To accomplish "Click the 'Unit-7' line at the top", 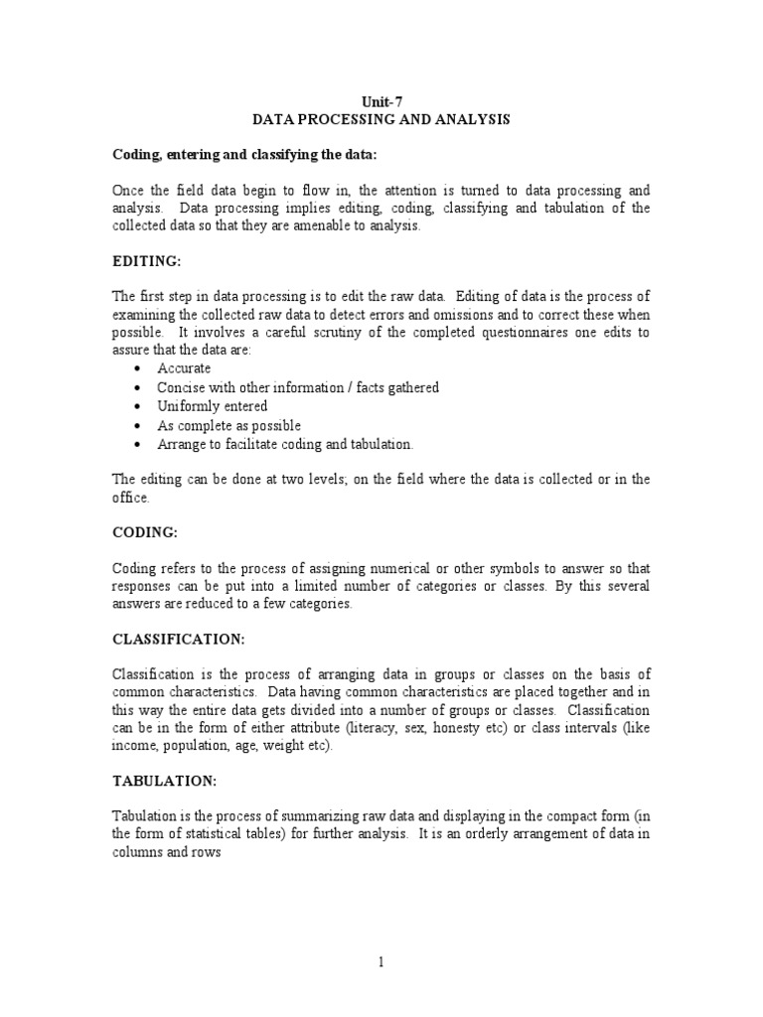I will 381,100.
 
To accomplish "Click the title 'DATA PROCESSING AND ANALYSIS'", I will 381,119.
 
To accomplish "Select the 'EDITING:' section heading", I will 145,261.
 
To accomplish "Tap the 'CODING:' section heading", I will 144,532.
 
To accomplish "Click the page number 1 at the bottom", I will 381,960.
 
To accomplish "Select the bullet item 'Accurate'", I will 184,368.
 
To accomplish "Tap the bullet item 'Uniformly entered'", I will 212,406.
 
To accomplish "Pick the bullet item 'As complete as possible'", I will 229,425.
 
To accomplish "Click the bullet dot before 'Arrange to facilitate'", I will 135,445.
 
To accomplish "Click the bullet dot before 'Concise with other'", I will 135,388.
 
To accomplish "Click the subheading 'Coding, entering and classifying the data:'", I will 239,154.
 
